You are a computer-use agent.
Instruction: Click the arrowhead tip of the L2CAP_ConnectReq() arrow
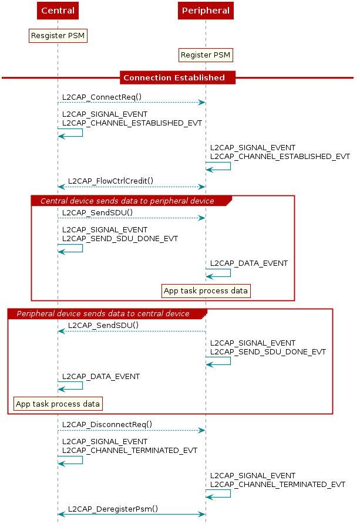pyautogui.click(x=205, y=102)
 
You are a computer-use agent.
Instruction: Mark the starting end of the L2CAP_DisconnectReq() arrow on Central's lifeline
pyautogui.click(x=58, y=431)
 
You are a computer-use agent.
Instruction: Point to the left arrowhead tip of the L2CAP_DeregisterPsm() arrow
pyautogui.click(x=58, y=515)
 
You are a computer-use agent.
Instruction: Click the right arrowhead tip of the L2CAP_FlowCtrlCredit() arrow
pyautogui.click(x=205, y=187)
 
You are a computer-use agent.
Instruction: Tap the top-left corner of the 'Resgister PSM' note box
pyautogui.click(x=29, y=29)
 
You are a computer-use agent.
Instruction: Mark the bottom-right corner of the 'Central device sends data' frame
pyautogui.click(x=294, y=300)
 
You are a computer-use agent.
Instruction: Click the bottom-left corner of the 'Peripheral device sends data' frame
pyautogui.click(x=8, y=414)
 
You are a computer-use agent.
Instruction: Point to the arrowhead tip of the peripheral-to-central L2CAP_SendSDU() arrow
pyautogui.click(x=58, y=331)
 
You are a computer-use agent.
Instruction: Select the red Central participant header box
pyautogui.click(x=58, y=11)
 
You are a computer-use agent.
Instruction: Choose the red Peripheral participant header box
pyautogui.click(x=206, y=11)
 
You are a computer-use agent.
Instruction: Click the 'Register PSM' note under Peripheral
pyautogui.click(x=206, y=55)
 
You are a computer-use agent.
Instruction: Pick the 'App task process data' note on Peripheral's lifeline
pyautogui.click(x=206, y=291)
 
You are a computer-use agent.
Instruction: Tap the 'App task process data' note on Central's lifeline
pyautogui.click(x=58, y=404)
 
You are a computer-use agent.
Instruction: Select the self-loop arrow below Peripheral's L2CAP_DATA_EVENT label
pyautogui.click(x=218, y=273)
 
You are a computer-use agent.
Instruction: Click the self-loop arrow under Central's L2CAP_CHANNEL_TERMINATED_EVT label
pyautogui.click(x=70, y=460)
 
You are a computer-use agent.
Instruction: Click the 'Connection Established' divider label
pyautogui.click(x=174, y=77)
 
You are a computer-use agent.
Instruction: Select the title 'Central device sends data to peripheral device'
pyautogui.click(x=127, y=201)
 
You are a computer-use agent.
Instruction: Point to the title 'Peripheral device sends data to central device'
pyautogui.click(x=103, y=313)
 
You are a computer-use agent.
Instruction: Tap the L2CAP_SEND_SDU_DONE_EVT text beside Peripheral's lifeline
pyautogui.click(x=268, y=352)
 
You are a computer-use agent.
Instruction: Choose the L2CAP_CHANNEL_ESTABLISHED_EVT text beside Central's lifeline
pyautogui.click(x=132, y=123)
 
